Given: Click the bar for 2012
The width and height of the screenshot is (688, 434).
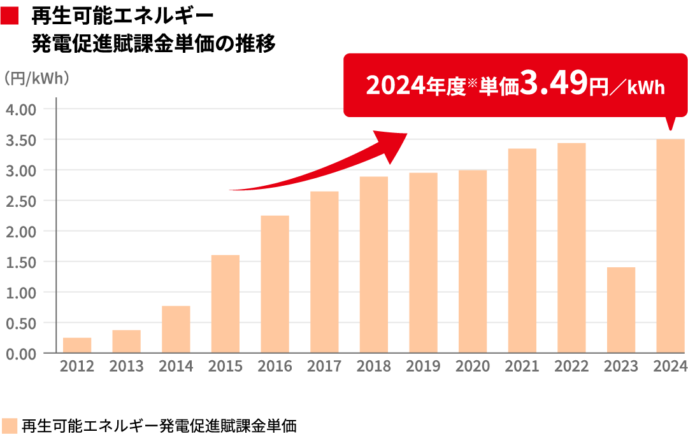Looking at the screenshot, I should pos(77,345).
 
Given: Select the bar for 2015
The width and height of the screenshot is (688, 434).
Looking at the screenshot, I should pos(226,304).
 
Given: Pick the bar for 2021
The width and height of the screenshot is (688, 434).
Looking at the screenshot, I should pos(522,250).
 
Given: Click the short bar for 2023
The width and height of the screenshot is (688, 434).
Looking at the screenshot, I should pos(621,309).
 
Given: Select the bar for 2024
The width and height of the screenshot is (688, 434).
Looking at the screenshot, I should pos(671,246).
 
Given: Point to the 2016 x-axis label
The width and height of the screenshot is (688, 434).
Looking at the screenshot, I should pos(275,367).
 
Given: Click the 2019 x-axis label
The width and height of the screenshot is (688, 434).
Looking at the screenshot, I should pos(424,367).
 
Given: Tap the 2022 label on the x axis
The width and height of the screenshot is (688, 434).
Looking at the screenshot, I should pos(571,367).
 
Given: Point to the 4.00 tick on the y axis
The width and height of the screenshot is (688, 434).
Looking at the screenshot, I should pos(21,109).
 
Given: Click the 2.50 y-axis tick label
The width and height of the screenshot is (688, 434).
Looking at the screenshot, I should pos(21,200).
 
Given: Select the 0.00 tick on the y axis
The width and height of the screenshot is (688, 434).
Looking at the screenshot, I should pos(21,353).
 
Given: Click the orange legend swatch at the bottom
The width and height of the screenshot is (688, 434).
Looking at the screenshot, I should pos(10,425).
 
